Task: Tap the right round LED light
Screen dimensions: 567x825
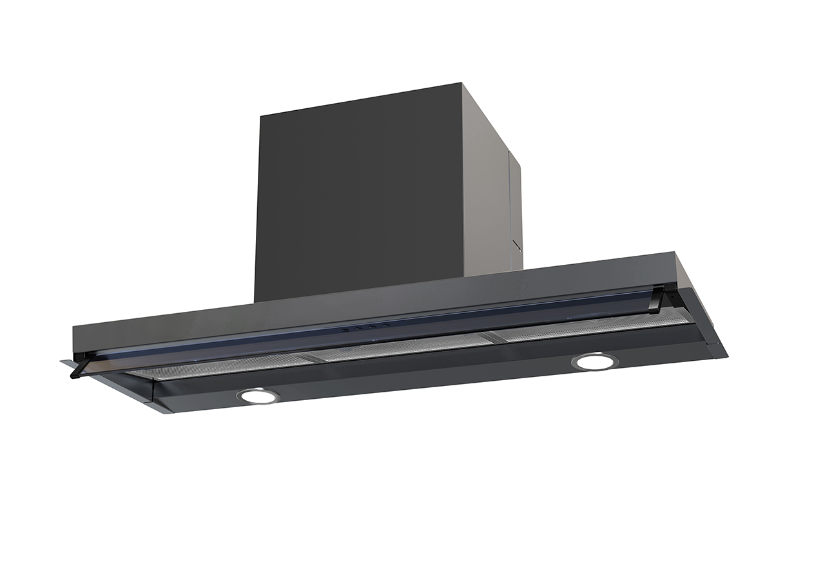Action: click(x=595, y=361)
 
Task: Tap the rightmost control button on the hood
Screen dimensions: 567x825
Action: click(x=385, y=325)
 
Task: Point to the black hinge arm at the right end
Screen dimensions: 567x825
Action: click(x=656, y=300)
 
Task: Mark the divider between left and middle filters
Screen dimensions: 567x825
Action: click(x=309, y=356)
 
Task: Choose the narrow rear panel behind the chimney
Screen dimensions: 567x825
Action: click(x=516, y=206)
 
